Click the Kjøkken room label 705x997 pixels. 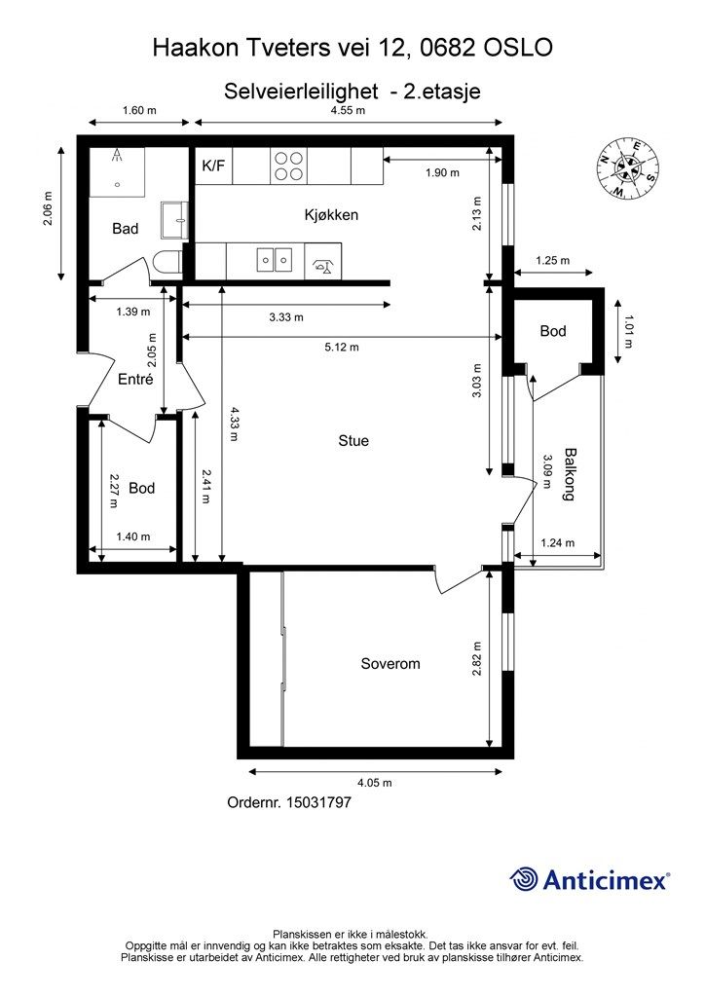[x=331, y=215]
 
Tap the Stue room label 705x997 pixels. [x=353, y=441]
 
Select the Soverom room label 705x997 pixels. [x=390, y=664]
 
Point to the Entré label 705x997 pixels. [x=136, y=379]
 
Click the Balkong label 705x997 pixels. [x=571, y=474]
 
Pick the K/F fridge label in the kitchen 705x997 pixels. [x=213, y=166]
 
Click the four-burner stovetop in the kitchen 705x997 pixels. [x=288, y=166]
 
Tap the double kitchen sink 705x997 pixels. [x=275, y=260]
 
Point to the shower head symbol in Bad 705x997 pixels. [x=117, y=156]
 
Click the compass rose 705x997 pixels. [x=627, y=167]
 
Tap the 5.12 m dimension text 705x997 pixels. [x=342, y=348]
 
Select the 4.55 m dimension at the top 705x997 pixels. [x=349, y=110]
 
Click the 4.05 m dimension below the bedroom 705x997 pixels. [x=375, y=783]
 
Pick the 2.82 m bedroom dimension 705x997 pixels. [x=477, y=658]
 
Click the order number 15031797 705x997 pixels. [x=319, y=802]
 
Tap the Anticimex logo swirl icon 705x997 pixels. [x=524, y=879]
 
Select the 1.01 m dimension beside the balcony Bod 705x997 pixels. [x=629, y=332]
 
